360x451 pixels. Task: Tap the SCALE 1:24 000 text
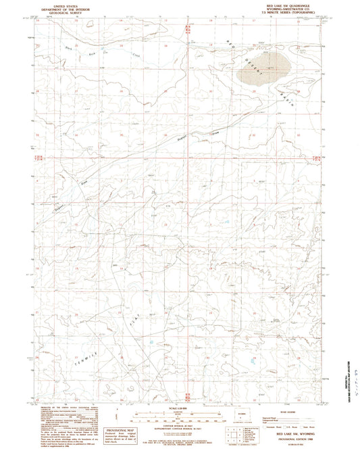(x=180, y=408)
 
